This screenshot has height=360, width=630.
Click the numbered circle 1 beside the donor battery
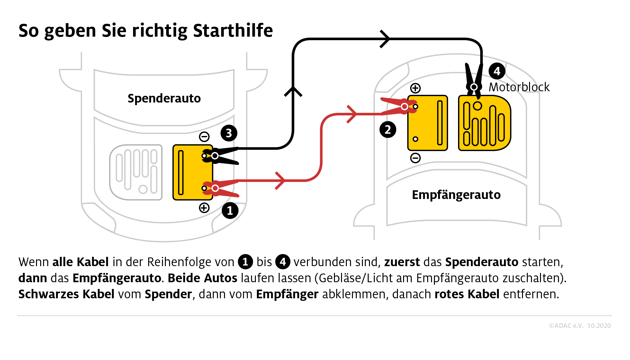click(230, 211)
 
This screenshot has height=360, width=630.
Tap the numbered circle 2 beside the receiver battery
click(388, 130)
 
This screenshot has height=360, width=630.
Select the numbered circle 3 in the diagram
click(229, 133)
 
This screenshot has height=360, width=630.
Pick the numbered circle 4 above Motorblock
click(497, 71)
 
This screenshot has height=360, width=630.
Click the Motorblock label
click(519, 87)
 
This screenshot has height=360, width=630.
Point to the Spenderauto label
click(164, 98)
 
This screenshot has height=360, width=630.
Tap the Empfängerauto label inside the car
click(456, 195)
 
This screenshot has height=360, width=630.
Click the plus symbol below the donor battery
click(204, 208)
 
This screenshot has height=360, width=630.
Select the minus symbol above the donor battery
click(204, 137)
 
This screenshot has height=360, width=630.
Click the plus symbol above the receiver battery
click(415, 88)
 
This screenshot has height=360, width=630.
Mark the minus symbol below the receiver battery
click(415, 158)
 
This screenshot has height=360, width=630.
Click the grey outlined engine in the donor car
click(136, 172)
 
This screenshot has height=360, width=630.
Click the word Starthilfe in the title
click(233, 31)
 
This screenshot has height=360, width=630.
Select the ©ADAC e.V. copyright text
click(566, 326)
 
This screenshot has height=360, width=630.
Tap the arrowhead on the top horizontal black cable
click(385, 39)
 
